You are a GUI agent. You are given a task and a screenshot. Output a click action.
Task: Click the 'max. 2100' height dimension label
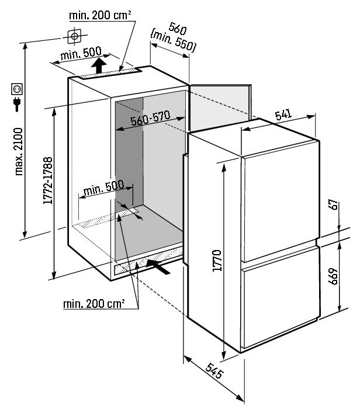19,152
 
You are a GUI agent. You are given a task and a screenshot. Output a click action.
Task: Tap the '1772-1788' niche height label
48,181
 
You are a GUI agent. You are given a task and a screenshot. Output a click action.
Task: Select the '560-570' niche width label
150,118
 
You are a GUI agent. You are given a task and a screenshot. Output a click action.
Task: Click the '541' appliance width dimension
283,114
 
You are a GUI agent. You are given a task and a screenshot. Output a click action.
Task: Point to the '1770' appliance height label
217,260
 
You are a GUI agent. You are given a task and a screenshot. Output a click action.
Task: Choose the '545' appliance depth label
214,371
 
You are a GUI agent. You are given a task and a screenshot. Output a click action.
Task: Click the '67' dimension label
333,204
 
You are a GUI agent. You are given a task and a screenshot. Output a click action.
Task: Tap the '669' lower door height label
333,276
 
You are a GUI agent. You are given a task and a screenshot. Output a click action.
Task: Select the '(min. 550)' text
173,41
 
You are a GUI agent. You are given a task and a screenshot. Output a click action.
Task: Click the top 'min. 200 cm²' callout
100,15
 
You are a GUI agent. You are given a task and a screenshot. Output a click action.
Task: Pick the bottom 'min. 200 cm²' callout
94,304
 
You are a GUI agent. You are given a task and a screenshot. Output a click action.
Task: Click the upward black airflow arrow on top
99,65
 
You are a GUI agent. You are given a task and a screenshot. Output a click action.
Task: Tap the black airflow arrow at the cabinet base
158,266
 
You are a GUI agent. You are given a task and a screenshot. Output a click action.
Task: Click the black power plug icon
17,104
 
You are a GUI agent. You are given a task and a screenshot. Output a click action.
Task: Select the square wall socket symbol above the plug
17,89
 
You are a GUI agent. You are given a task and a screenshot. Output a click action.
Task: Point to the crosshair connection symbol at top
74,36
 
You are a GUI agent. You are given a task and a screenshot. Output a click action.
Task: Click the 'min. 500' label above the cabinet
81,54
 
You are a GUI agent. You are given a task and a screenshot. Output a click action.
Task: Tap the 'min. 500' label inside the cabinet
103,188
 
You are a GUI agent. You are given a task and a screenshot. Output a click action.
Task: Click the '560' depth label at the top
177,29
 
